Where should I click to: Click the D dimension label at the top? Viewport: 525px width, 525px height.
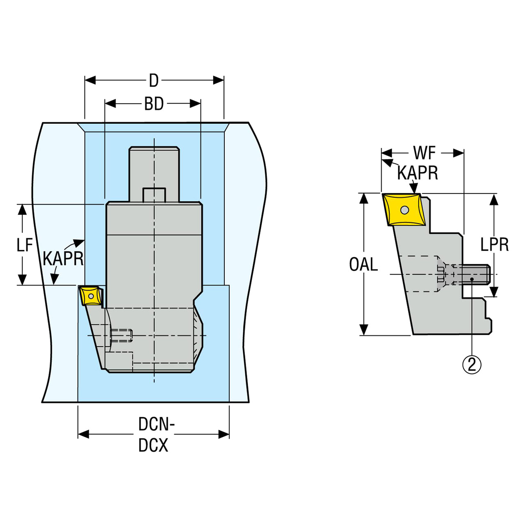154,81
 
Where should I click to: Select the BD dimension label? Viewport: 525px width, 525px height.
154,104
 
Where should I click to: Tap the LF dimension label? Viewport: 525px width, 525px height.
25,244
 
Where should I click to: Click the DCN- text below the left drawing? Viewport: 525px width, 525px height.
156,424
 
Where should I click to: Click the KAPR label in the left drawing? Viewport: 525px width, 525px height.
63,258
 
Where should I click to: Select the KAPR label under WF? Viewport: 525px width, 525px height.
418,173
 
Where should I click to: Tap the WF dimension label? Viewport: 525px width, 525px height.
425,153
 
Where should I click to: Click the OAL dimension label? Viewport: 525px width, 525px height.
363,264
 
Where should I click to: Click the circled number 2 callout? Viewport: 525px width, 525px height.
472,365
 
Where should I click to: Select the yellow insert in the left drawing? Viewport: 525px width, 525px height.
91,295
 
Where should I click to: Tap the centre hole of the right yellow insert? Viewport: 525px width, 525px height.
404,210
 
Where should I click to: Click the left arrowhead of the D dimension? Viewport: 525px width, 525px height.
90,80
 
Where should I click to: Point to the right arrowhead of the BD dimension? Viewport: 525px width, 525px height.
195,103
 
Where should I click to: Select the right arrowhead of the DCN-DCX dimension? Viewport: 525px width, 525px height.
224,434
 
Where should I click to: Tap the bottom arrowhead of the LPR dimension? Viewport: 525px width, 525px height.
494,291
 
